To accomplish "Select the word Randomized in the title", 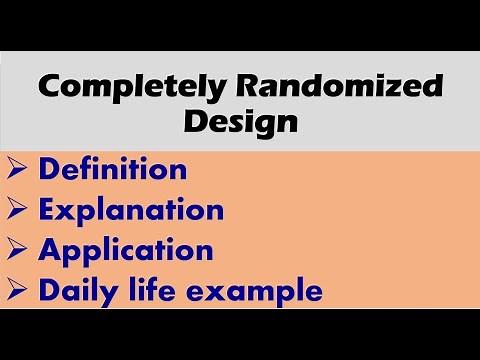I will [x=335, y=88].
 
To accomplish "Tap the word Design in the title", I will [x=240, y=124].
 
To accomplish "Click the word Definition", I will [x=114, y=169].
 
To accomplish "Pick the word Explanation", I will [x=131, y=210].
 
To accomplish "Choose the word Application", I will [x=126, y=250].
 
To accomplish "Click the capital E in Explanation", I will [x=48, y=209].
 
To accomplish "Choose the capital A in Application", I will [x=50, y=249].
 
